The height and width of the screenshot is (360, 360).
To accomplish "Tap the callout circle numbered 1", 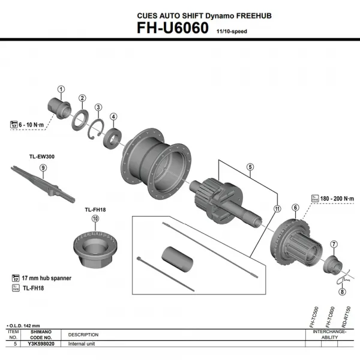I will pyautogui.click(x=61, y=89).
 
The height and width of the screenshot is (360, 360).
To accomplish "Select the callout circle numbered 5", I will pyautogui.click(x=250, y=167).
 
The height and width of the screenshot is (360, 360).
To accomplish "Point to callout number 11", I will pyautogui.click(x=277, y=209).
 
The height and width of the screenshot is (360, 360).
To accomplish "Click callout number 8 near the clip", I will pyautogui.click(x=342, y=292).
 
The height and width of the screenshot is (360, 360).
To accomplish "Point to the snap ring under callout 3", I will pyautogui.click(x=97, y=127).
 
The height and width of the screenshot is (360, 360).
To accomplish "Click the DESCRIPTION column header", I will pyautogui.click(x=83, y=334).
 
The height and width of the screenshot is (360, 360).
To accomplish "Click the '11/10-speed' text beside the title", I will pyautogui.click(x=229, y=31).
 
